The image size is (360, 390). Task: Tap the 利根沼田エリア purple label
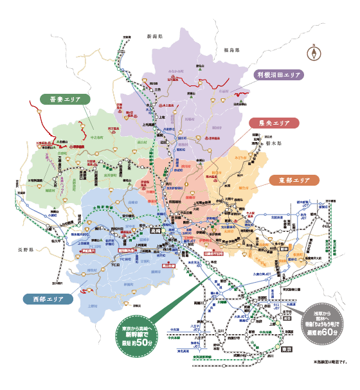pos(278,75)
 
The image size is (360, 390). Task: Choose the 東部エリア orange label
pos(294,181)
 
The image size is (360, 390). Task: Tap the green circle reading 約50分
pos(138,335)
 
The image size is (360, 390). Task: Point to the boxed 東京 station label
pos(286,348)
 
